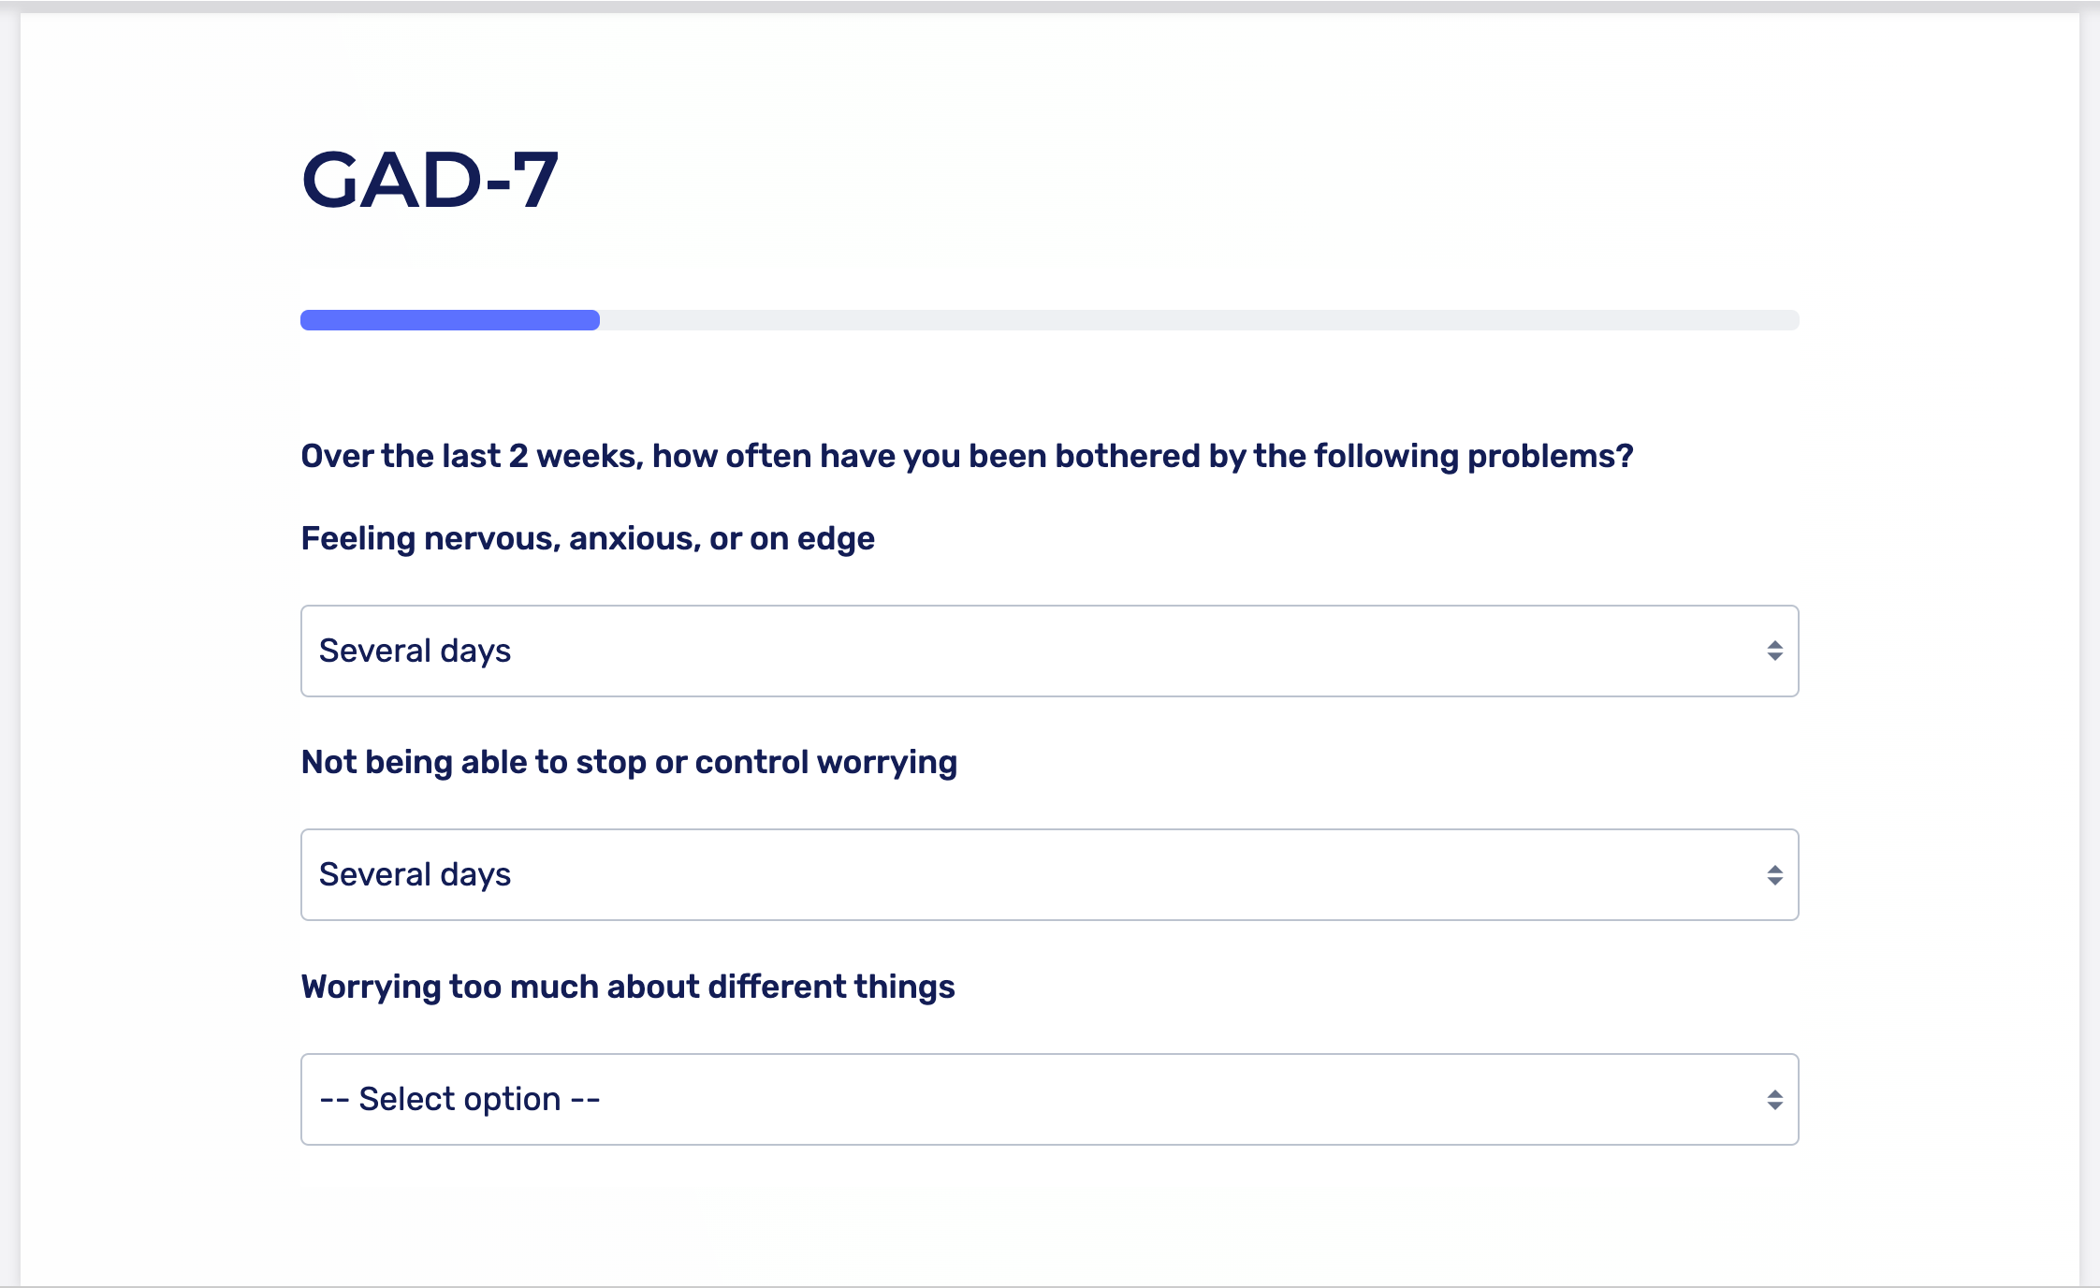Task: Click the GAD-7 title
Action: coord(430,180)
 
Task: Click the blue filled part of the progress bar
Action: coord(450,320)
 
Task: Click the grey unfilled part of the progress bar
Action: coord(1199,320)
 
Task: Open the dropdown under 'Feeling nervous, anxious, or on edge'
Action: coord(1049,651)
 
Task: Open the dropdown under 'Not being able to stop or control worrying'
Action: coord(1049,874)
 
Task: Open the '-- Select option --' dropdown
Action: coord(1049,1099)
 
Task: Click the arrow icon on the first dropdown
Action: coord(1774,651)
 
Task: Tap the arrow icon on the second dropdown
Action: coord(1774,875)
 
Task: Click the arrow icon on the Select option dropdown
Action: coord(1774,1100)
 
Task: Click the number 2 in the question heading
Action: coord(518,456)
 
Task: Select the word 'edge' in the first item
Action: coord(836,539)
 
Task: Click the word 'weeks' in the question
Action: coord(590,456)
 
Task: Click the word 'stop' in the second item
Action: coord(611,763)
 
